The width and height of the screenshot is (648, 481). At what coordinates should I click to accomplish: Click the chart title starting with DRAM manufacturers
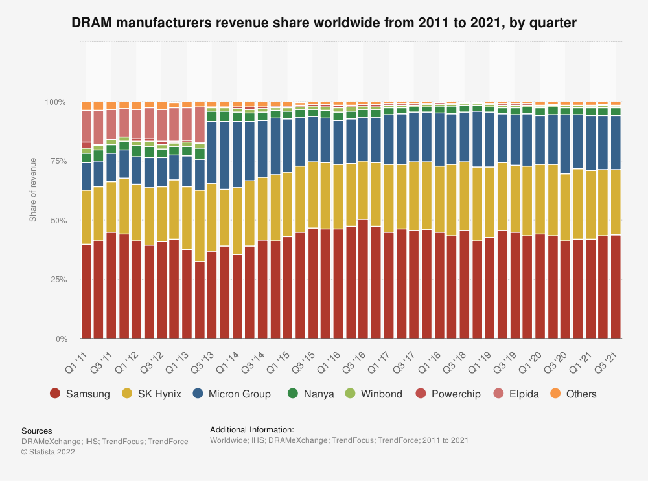(x=324, y=23)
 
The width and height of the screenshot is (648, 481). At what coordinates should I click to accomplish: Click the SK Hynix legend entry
(x=153, y=394)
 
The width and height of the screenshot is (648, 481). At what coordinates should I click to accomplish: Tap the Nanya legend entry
(x=310, y=394)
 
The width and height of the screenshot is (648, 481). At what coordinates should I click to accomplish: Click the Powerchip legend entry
(x=448, y=394)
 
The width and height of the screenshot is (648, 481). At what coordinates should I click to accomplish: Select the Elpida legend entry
(x=516, y=394)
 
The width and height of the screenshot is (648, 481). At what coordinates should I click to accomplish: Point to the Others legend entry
(x=573, y=394)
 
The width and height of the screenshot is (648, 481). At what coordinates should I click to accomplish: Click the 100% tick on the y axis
(x=55, y=102)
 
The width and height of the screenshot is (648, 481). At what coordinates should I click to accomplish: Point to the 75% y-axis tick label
(x=57, y=162)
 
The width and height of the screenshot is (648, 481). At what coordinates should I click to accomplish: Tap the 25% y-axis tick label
(x=57, y=280)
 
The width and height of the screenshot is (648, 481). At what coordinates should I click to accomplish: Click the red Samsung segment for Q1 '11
(x=86, y=291)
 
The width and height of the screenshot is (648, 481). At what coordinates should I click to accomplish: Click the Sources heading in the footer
(x=36, y=431)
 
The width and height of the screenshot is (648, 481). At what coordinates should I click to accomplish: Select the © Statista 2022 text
(x=48, y=452)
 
